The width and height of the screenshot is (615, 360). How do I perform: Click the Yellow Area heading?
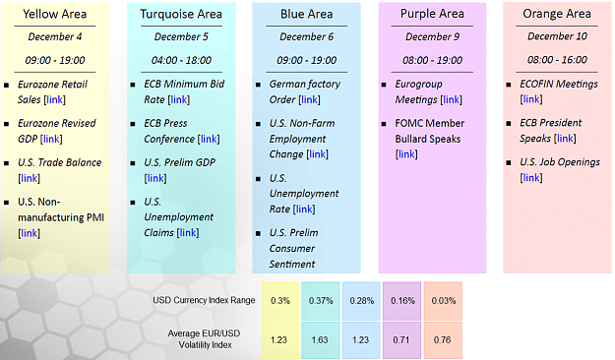(54, 14)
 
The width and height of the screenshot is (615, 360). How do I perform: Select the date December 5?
(181, 36)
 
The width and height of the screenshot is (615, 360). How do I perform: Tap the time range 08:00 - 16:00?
(557, 60)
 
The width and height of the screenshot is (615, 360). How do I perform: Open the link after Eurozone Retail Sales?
(54, 99)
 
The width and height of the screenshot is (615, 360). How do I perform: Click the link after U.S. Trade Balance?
(29, 178)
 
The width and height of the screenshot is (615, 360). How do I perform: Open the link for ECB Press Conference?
(209, 140)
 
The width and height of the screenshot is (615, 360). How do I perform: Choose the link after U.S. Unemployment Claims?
(188, 233)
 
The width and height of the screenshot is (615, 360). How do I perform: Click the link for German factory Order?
(309, 99)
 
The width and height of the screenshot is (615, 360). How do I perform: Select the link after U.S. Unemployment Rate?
(304, 210)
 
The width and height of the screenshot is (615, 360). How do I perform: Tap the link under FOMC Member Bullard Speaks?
(406, 154)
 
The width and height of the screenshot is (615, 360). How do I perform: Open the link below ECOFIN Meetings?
(531, 99)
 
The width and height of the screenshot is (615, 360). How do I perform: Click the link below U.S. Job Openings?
(531, 178)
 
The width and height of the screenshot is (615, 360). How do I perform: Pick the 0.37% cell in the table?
(321, 301)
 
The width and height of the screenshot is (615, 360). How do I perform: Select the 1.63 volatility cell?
(321, 339)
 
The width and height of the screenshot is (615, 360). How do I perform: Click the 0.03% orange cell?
(443, 301)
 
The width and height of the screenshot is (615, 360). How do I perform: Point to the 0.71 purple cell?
(401, 339)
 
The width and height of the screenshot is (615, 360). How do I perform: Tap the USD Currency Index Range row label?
(204, 300)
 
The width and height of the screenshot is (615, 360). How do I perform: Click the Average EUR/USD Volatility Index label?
(205, 339)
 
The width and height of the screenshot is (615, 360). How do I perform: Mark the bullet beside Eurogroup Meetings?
(384, 85)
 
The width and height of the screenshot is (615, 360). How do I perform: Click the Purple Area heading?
(432, 14)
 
